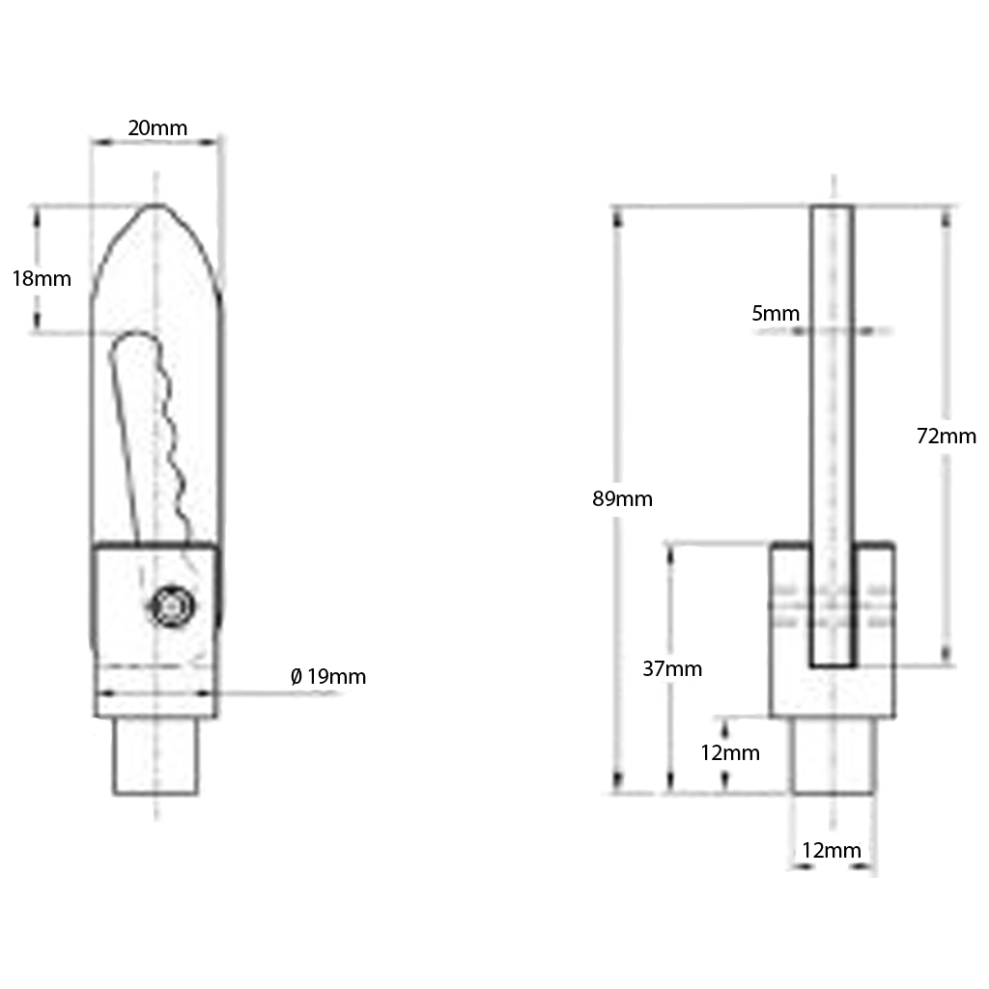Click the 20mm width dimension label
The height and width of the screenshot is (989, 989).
click(157, 127)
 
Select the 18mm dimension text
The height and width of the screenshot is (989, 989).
click(42, 279)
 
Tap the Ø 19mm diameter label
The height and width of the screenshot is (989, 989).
click(328, 676)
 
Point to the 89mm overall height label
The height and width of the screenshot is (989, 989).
click(623, 499)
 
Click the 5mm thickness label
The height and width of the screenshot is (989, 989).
click(776, 313)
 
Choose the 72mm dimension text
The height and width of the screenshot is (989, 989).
click(947, 436)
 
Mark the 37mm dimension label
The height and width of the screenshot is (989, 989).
click(673, 668)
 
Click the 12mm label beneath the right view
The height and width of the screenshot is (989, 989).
click(832, 851)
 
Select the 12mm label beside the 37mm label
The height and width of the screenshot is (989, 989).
click(730, 753)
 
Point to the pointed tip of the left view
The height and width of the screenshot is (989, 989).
click(155, 208)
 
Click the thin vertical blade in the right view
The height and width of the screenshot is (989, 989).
click(832, 386)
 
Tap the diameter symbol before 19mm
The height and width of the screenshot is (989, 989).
click(297, 676)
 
